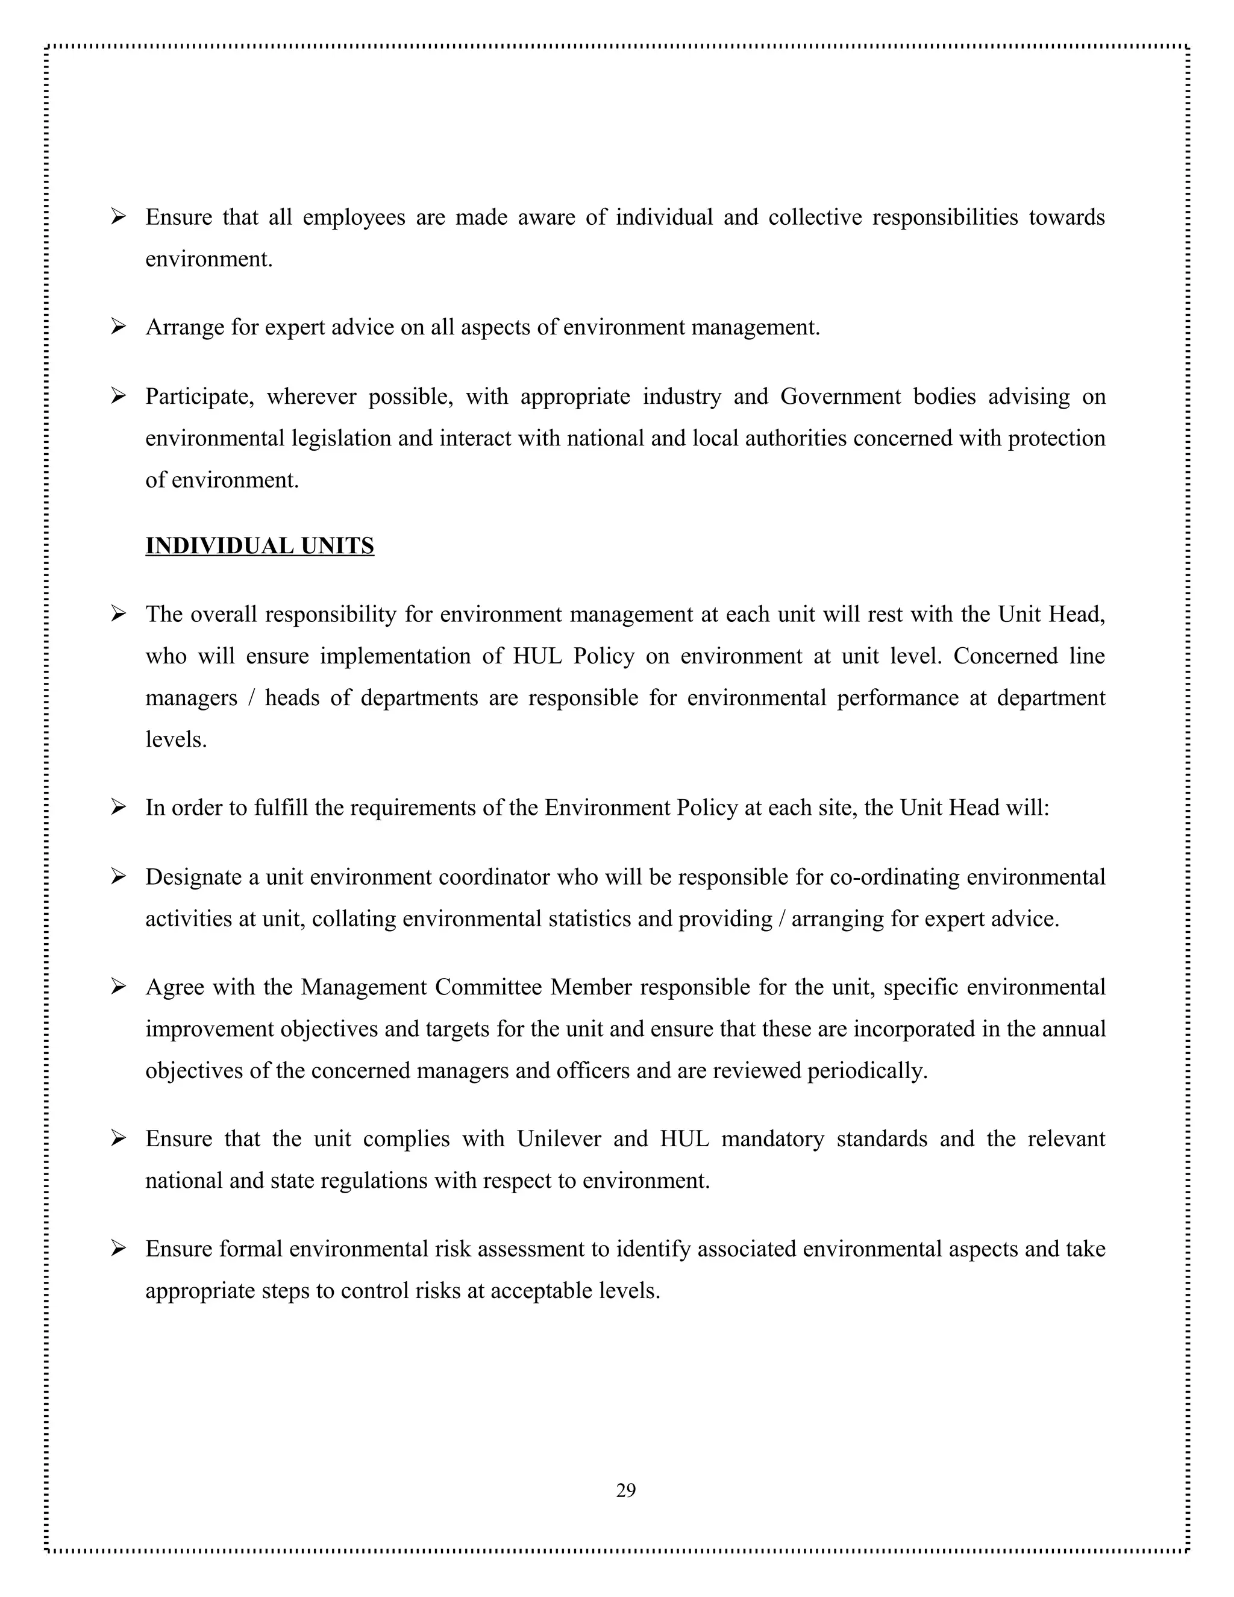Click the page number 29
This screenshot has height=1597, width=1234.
(x=626, y=1490)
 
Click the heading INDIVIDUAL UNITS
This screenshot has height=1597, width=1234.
(x=260, y=546)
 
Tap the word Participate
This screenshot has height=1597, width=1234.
(x=199, y=397)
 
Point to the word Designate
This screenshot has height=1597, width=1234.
(x=193, y=877)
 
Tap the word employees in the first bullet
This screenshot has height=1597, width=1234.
(x=354, y=218)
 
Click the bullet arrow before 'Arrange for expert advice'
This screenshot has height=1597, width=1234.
(x=119, y=327)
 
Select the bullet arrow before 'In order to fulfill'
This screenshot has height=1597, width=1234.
(x=119, y=808)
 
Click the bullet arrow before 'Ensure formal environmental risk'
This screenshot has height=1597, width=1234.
(x=119, y=1248)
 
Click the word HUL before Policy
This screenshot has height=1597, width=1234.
(x=537, y=656)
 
